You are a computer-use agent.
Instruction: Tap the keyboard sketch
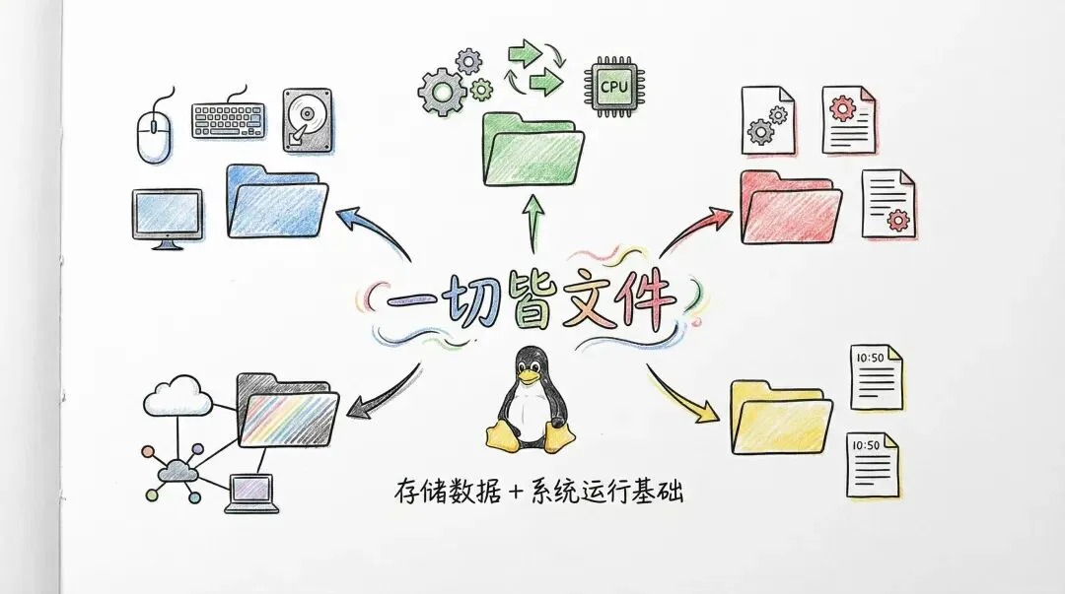(x=228, y=121)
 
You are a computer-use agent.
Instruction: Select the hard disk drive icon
(x=307, y=120)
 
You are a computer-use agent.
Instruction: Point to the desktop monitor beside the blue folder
(x=167, y=216)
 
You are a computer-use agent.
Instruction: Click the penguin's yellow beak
(x=532, y=375)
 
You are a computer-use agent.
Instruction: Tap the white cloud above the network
(x=178, y=398)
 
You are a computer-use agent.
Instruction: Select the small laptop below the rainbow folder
(x=250, y=493)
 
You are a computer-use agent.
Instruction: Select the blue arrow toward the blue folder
(x=376, y=229)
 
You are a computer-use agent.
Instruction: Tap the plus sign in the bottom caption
(x=515, y=490)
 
